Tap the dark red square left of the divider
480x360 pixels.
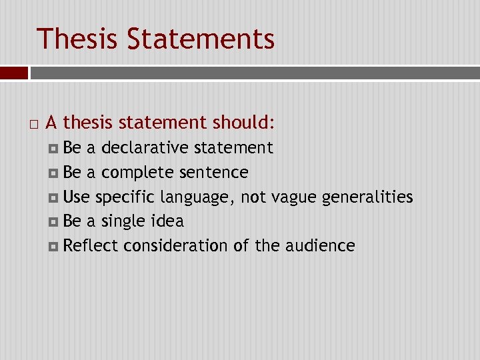point(13,72)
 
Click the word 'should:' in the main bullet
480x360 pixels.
point(243,123)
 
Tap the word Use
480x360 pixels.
point(77,197)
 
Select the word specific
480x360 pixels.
point(127,197)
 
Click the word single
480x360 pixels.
point(125,221)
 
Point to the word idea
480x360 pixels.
point(168,221)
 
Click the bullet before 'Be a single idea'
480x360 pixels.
point(53,221)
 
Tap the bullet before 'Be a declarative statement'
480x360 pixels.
point(53,148)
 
